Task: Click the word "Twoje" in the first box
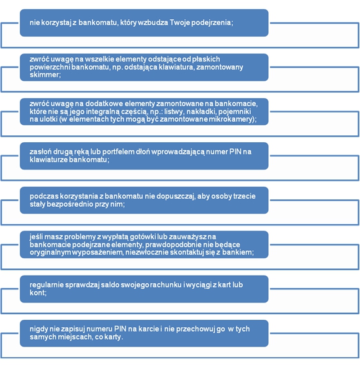coord(180,23)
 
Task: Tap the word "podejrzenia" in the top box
coord(211,23)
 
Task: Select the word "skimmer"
coord(44,75)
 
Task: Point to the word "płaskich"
coord(206,59)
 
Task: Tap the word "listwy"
coord(174,112)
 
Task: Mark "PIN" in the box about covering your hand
coord(235,152)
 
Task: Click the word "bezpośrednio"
coord(70,204)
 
